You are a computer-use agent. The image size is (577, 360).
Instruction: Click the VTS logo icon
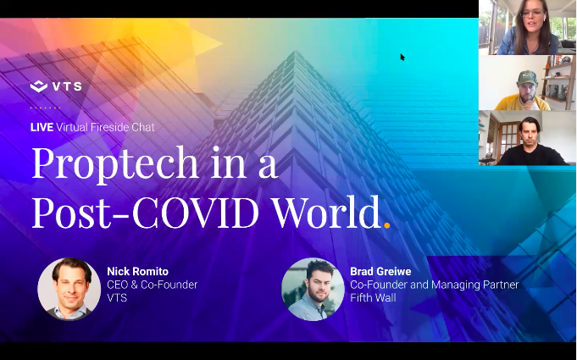[x=39, y=86]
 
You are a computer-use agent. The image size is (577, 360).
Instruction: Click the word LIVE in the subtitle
[x=42, y=127]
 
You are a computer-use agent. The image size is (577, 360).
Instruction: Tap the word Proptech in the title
[x=115, y=164]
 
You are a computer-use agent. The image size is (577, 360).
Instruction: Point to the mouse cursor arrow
[x=402, y=57]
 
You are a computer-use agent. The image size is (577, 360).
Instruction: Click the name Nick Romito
[x=137, y=271]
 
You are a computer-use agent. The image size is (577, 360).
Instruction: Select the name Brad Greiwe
[x=380, y=271]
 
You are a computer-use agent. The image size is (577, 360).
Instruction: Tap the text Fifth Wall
[x=373, y=297]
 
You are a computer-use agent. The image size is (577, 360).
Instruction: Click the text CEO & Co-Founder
[x=152, y=285]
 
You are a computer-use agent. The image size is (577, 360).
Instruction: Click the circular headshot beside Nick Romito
[x=69, y=289]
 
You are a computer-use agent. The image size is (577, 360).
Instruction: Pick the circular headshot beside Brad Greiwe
[x=313, y=289]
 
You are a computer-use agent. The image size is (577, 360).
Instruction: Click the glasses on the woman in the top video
[x=532, y=14]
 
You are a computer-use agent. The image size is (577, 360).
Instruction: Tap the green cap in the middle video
[x=527, y=78]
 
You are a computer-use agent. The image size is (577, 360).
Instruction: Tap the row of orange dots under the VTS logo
[x=45, y=108]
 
